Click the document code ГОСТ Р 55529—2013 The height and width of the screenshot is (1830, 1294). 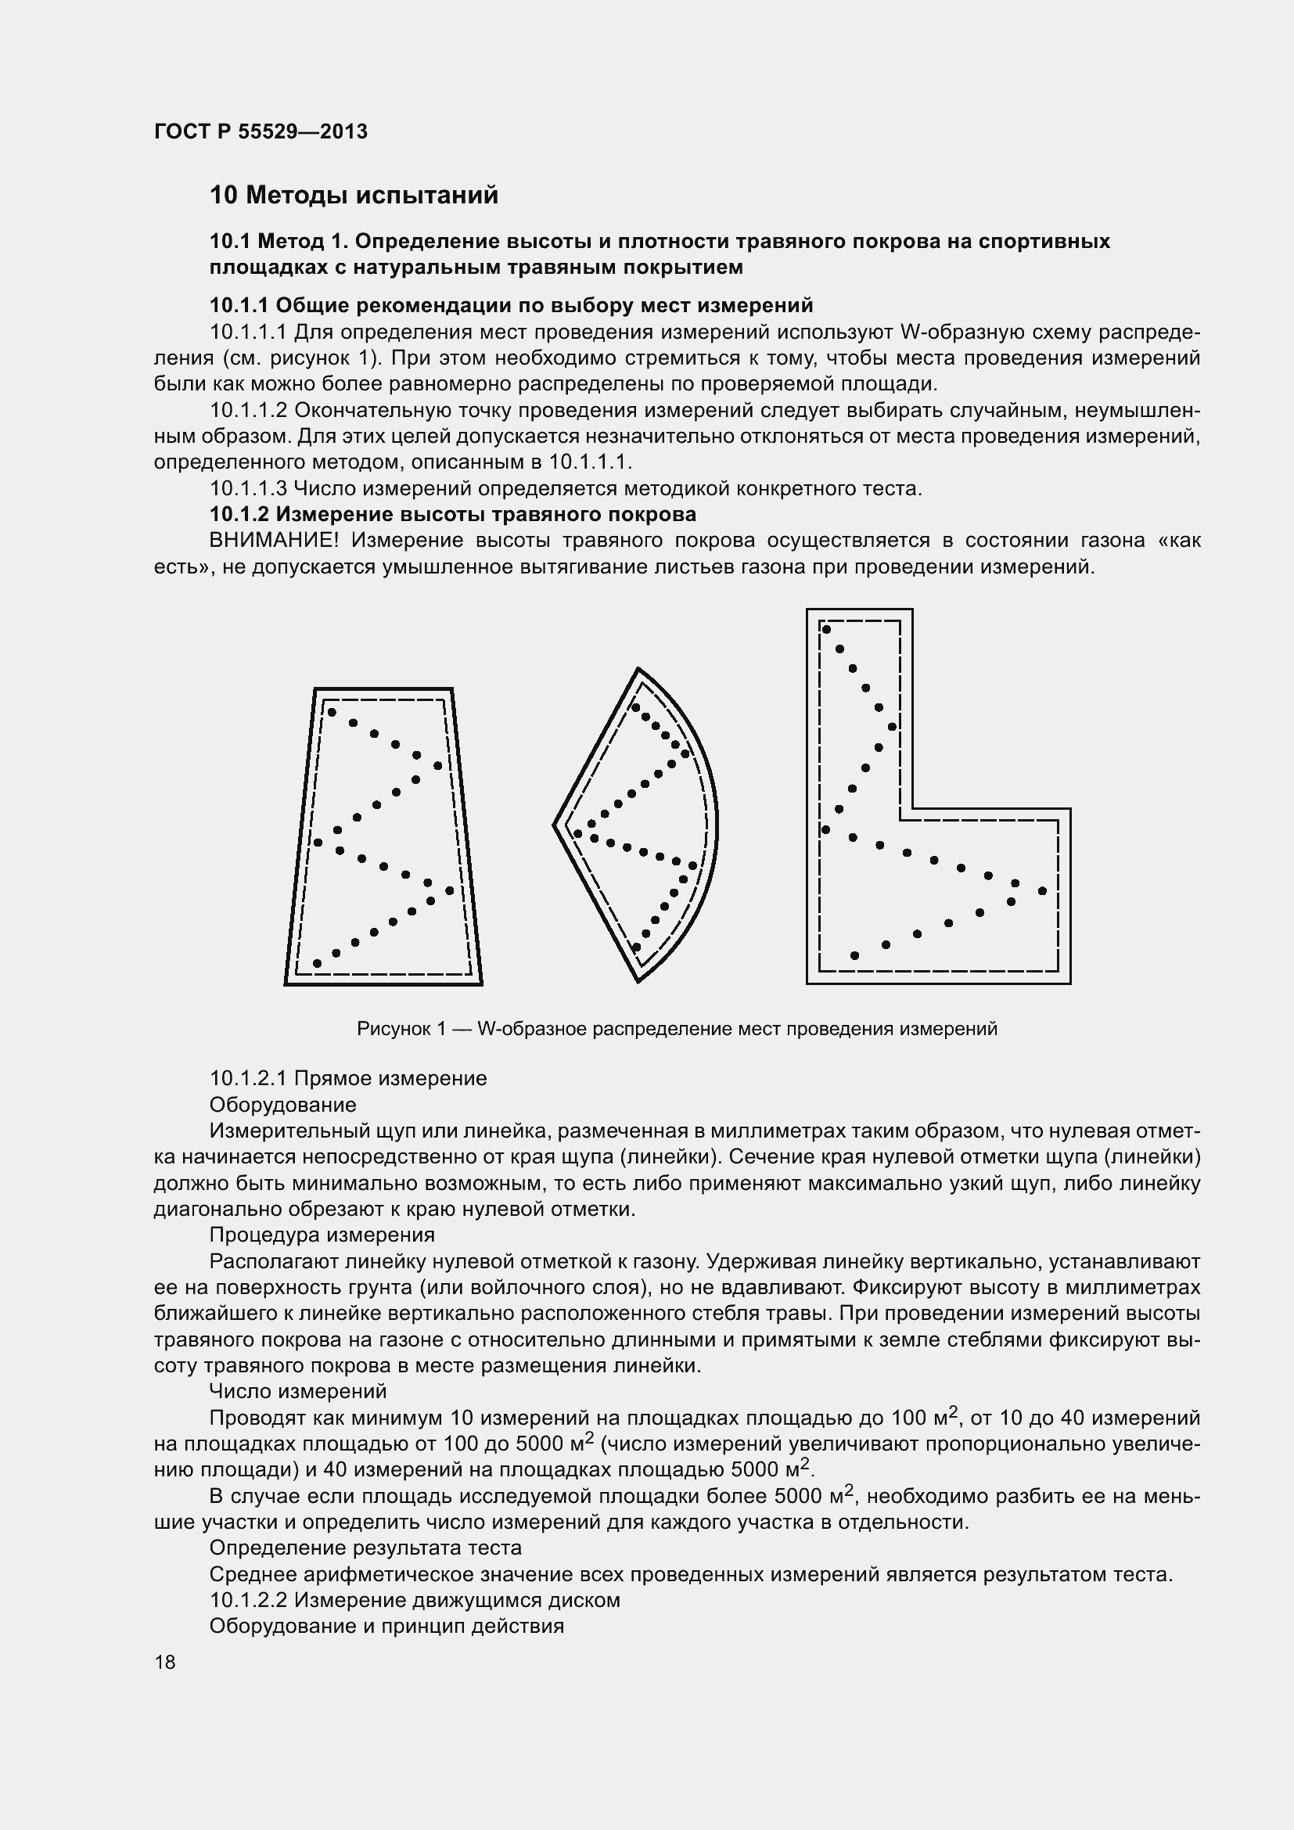[261, 131]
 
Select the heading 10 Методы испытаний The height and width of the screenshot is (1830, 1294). [354, 196]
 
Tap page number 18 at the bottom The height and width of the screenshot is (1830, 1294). [165, 1662]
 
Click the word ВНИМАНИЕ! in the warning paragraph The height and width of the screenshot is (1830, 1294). [274, 541]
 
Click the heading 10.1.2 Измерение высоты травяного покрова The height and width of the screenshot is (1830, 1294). [452, 514]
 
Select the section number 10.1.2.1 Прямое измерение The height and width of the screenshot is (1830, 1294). [347, 1078]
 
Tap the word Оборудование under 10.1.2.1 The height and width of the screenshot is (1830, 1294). [282, 1105]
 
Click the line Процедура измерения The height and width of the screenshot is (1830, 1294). [322, 1235]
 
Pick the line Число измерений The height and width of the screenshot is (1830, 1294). [297, 1391]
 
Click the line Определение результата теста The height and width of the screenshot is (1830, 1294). [365, 1548]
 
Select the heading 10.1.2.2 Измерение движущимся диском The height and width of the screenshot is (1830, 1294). [415, 1600]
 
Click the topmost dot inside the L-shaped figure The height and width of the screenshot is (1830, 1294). [826, 630]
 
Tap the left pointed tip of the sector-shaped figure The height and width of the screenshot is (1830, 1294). [555, 825]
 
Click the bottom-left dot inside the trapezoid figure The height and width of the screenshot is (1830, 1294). [317, 963]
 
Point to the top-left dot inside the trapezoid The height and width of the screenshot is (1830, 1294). [332, 712]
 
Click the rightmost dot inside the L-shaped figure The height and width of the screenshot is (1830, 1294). [1042, 890]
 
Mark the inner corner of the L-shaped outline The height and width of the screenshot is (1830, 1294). [912, 808]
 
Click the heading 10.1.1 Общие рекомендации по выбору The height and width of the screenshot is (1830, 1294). [511, 305]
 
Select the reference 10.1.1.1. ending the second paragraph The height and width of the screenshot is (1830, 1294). [589, 462]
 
